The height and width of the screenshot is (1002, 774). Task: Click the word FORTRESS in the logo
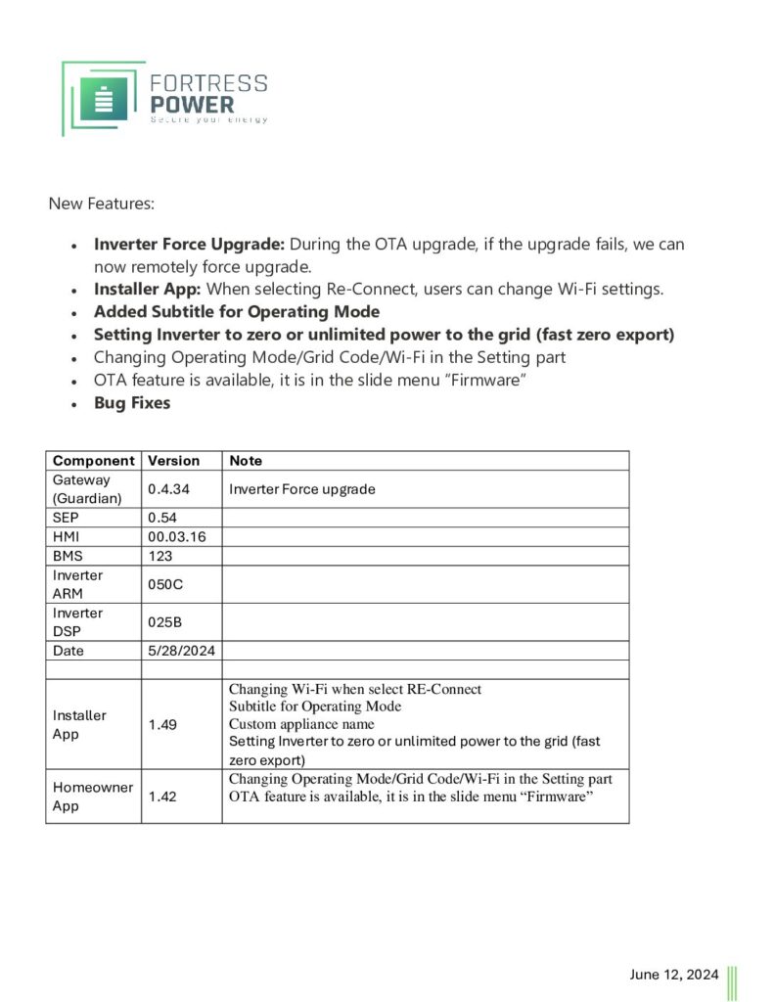pos(208,83)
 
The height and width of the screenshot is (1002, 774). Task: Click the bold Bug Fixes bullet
pos(132,402)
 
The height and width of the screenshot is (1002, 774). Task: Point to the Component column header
pos(93,460)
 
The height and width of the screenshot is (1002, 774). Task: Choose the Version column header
pos(173,460)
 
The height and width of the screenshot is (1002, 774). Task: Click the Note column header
pos(246,460)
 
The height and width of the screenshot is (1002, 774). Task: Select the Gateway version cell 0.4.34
pos(168,488)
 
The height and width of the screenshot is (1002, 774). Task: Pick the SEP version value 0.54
pos(161,517)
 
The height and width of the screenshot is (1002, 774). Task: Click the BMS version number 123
pos(159,555)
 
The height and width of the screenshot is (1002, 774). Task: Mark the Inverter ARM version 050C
pos(165,583)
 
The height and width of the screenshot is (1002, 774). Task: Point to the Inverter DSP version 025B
pos(164,621)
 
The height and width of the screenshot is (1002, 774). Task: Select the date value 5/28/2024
pos(182,650)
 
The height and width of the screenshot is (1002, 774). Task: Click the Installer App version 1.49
pos(162,724)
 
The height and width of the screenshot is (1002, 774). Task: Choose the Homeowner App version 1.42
pos(162,797)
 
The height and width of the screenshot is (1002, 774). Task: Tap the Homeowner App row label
pos(92,797)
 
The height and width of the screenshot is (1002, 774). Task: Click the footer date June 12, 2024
pos(673,974)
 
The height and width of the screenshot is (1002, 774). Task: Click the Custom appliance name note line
pos(301,724)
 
